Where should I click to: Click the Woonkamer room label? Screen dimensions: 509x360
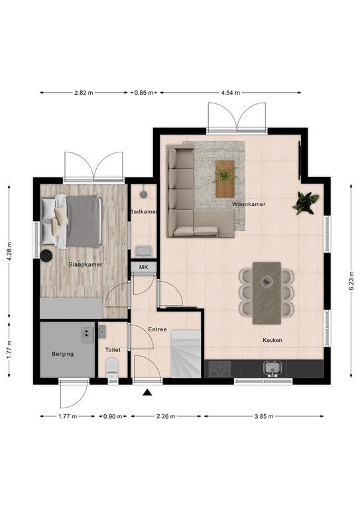[x=249, y=205]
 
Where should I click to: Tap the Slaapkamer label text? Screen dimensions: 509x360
[x=85, y=264]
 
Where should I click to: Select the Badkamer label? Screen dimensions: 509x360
[x=143, y=211]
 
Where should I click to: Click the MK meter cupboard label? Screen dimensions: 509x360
[x=143, y=267]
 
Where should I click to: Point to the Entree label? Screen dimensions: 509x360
[x=157, y=329]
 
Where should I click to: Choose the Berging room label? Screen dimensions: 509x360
[x=63, y=354]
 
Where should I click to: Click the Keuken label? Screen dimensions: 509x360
[x=272, y=340]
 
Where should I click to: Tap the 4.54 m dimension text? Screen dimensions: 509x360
[x=230, y=93]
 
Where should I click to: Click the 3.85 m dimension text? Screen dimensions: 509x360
[x=264, y=417]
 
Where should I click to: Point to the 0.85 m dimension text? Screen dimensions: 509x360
[x=143, y=93]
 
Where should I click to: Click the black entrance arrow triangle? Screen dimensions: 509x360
[x=147, y=393]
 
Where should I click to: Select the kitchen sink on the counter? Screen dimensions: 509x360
[x=272, y=368]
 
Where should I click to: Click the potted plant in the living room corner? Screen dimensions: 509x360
[x=306, y=202]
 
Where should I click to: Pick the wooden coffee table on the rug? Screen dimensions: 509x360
[x=225, y=178]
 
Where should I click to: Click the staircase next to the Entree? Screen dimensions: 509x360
[x=186, y=355]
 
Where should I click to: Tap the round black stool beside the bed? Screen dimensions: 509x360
[x=47, y=256]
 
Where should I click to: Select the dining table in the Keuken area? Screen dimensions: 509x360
[x=267, y=292]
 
